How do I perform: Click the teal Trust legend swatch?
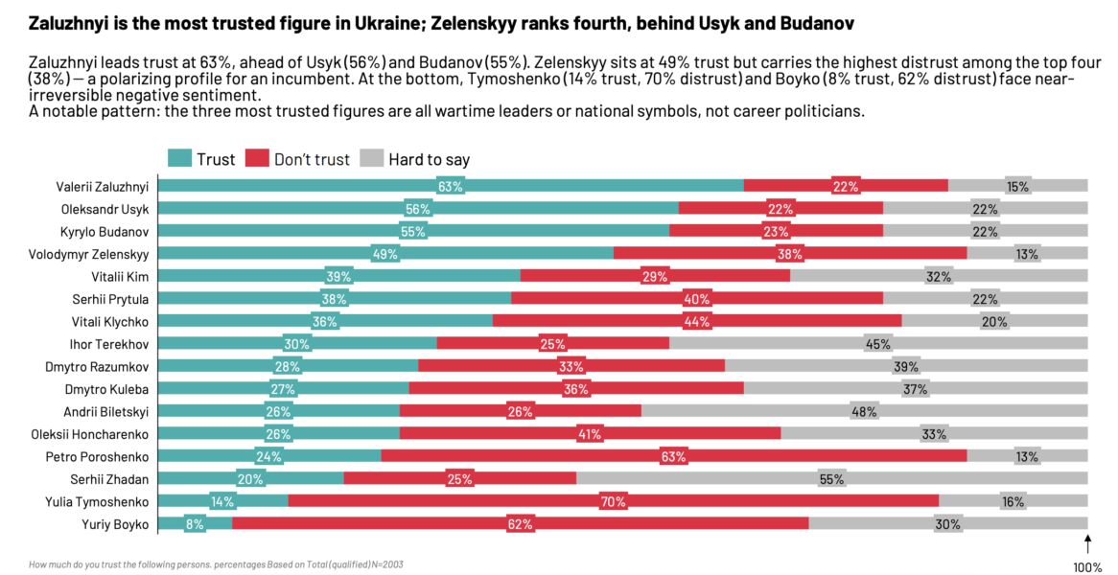pyautogui.click(x=179, y=159)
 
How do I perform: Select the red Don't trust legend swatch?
pyautogui.click(x=257, y=159)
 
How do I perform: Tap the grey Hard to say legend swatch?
pyautogui.click(x=371, y=159)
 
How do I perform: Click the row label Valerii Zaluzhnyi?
pyautogui.click(x=102, y=186)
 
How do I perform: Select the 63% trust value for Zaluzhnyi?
pyautogui.click(x=451, y=187)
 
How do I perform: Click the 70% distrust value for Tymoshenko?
pyautogui.click(x=613, y=501)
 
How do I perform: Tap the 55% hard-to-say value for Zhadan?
pyautogui.click(x=831, y=479)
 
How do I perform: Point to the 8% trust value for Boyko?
pyautogui.click(x=195, y=524)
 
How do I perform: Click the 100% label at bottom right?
pyautogui.click(x=1087, y=567)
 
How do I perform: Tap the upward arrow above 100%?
pyautogui.click(x=1088, y=544)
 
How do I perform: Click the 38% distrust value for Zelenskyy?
pyautogui.click(x=790, y=254)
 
